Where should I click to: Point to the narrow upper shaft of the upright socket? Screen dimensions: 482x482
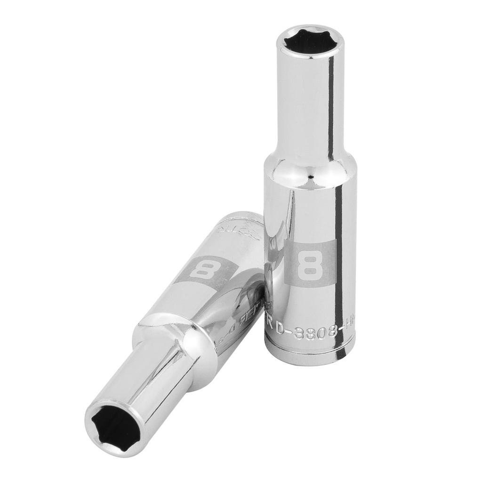tap(311, 104)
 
